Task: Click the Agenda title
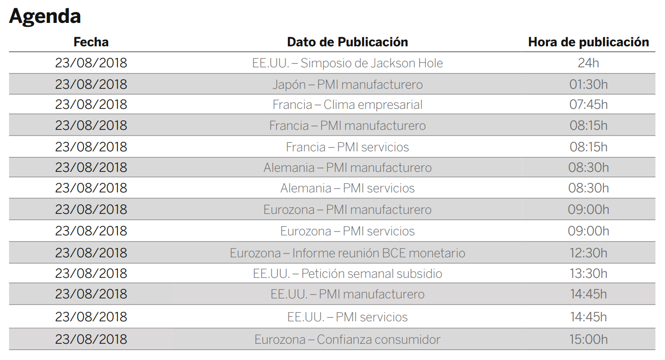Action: pos(45,16)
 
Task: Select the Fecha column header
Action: pos(91,42)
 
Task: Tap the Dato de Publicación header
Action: pos(347,42)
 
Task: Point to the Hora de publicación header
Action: pos(588,42)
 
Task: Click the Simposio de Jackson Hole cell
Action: pos(347,63)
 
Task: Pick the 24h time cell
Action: pos(588,63)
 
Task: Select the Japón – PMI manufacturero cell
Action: pos(347,85)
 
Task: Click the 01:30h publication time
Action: pos(588,85)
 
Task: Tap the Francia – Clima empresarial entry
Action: pos(347,105)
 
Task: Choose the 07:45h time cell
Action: pos(588,105)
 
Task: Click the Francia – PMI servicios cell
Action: pos(347,147)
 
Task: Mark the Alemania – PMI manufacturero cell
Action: pos(347,168)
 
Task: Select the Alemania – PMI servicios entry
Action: pos(347,188)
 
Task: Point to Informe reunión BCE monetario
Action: pos(347,253)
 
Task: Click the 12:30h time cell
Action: pos(588,253)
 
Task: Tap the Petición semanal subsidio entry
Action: pos(347,274)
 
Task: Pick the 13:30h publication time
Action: pos(588,274)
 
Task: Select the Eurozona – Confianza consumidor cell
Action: pos(347,339)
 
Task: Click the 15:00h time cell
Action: pos(588,339)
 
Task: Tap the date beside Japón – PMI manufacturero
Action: pos(91,85)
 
